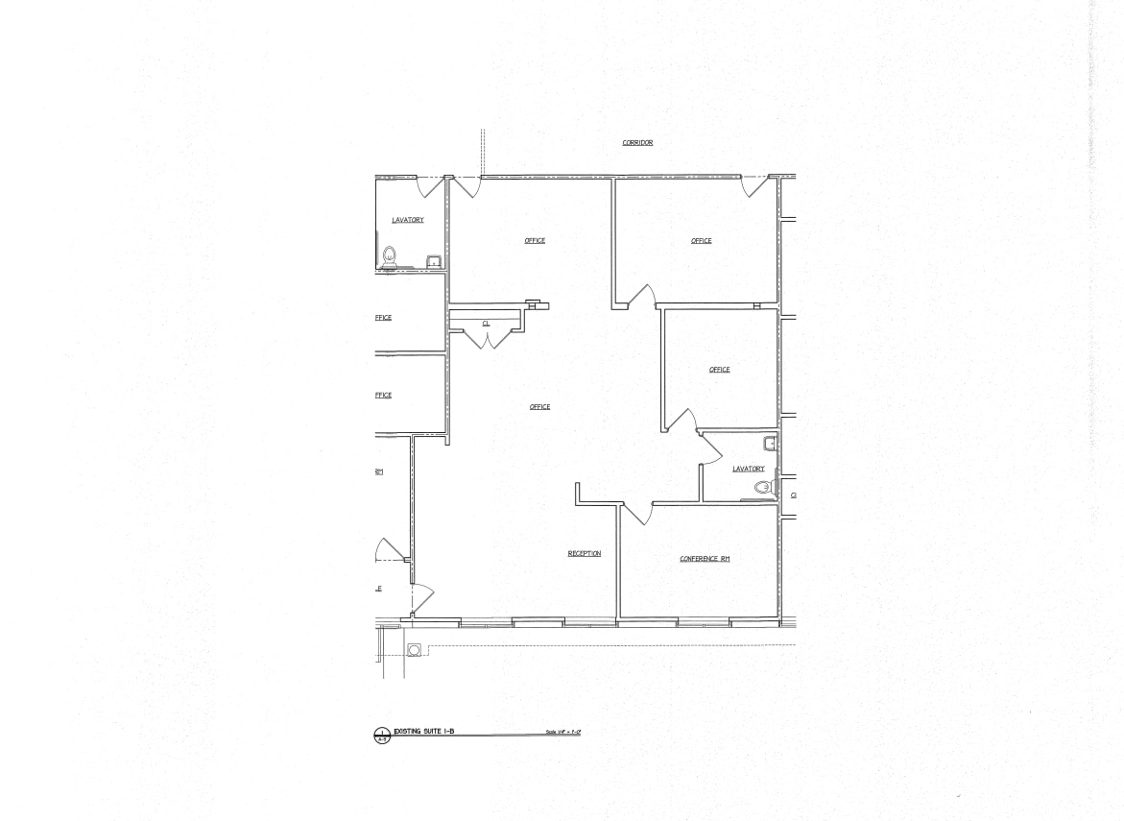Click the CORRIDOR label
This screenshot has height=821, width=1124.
click(x=637, y=143)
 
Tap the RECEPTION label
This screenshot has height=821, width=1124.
click(x=584, y=554)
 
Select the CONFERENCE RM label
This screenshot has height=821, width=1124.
click(x=705, y=559)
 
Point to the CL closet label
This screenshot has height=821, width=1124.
click(x=486, y=324)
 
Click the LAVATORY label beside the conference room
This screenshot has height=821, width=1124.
click(x=748, y=470)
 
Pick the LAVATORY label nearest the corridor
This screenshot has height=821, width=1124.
click(x=407, y=221)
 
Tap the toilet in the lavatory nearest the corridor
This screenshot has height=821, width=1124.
click(x=390, y=256)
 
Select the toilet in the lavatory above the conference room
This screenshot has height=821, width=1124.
click(x=763, y=488)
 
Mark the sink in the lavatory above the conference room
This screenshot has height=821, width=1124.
click(x=769, y=444)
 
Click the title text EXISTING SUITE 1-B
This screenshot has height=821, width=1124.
click(x=423, y=732)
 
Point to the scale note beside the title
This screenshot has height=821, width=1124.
click(x=564, y=733)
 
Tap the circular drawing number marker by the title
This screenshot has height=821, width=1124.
click(x=382, y=736)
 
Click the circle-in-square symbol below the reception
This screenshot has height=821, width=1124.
click(x=415, y=650)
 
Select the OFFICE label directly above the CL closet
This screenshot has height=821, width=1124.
click(x=535, y=241)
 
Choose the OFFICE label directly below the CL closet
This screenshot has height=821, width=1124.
click(x=539, y=407)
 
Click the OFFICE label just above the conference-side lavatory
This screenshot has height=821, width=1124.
click(x=719, y=370)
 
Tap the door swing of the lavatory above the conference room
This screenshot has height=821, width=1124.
click(x=711, y=449)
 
